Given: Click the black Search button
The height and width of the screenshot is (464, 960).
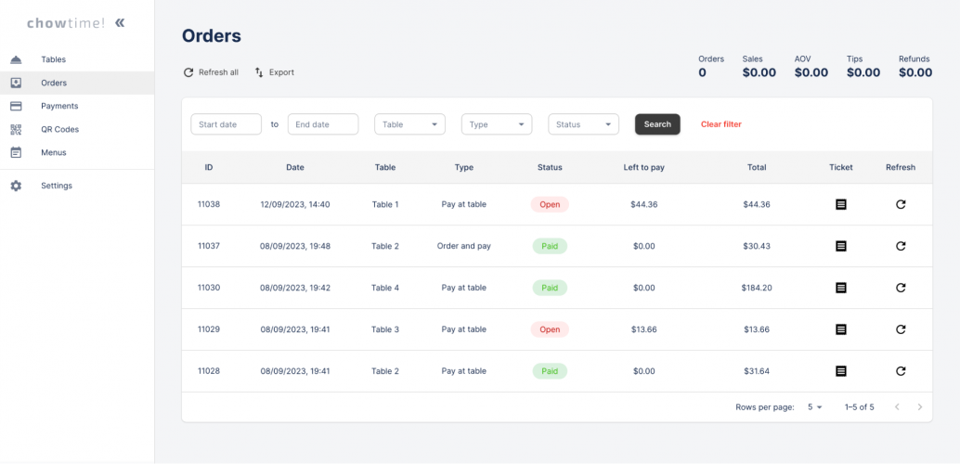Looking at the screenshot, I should pos(657,124).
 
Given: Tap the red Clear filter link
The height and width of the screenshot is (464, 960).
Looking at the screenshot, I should pos(720,124).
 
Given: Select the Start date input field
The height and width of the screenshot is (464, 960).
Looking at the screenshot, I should pos(226,124).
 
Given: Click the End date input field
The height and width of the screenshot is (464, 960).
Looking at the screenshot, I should pos(322,124).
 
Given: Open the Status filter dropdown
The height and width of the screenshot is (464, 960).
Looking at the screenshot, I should pos(583,124).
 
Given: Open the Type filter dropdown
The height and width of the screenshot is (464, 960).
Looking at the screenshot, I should pos(496,124).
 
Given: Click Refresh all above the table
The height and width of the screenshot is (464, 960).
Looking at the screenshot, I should pos(211,72).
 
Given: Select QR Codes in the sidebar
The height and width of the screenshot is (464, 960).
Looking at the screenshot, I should pos(59,129).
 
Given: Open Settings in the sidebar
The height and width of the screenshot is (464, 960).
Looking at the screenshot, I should pos(56,186).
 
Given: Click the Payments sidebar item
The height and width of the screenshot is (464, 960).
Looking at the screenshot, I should pos(59,106).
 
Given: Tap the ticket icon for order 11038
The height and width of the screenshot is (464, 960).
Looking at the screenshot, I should pos(841,204).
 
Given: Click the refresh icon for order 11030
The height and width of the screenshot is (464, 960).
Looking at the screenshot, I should pos(901,288).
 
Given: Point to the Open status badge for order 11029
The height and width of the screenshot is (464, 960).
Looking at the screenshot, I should pos(550,329).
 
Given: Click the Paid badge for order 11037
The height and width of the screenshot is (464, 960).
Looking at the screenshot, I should pos(550,246).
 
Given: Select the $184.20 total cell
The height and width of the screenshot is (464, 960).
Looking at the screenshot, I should pos(757,288).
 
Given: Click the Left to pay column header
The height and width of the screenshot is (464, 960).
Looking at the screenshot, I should pos(643,167).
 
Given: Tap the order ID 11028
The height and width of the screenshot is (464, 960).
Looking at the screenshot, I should pos(209,371).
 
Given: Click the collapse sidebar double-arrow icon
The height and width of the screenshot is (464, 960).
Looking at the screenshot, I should pos(120,22).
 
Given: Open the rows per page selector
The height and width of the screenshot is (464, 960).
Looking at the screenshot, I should pos(815,406).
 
